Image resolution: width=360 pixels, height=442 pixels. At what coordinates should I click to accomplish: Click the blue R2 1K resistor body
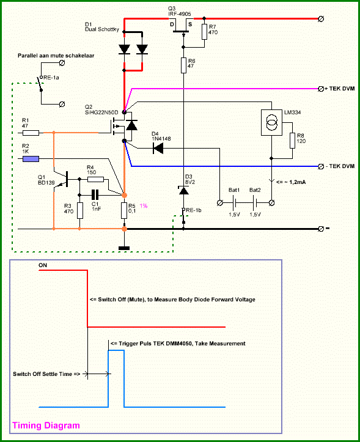pos(31,159)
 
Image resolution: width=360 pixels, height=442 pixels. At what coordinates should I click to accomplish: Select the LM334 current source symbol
pos(271,123)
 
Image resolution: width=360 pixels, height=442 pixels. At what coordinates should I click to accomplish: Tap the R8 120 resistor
pos(292,141)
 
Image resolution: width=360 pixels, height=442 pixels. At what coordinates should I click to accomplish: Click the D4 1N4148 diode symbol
pos(158,148)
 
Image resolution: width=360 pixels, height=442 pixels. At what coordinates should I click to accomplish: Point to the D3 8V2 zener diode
pos(183,191)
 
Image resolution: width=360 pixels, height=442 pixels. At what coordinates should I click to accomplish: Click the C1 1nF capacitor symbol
pos(95,195)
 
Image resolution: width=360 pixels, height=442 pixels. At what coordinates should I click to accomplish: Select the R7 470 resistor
pos(205,32)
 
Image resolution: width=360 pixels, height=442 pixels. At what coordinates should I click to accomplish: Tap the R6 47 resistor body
pos(183,65)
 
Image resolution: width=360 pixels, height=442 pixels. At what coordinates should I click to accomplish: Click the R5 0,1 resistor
pos(124,210)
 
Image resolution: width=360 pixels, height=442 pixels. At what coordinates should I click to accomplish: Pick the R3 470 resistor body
pos(80,210)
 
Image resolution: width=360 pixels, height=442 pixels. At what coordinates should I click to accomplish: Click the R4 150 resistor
pos(95,179)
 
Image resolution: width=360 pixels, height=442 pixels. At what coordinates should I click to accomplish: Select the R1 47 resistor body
pos(31,133)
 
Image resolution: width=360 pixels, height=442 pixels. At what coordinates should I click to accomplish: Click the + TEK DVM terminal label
pos(339,89)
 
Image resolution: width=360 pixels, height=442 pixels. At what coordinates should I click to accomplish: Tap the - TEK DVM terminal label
pos(340,166)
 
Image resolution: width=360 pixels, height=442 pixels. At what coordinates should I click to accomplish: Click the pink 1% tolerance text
pos(144,206)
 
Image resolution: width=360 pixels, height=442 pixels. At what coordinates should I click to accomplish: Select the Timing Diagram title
pos(46,425)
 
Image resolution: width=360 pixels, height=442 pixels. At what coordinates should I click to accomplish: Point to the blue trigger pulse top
pos(116,350)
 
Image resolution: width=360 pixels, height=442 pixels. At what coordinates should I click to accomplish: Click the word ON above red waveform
pos(43,265)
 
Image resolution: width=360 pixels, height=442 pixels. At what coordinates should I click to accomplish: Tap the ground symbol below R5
pos(124,248)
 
